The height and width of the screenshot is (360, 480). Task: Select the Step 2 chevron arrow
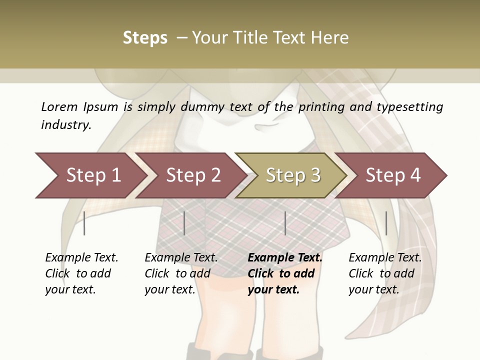[192, 175]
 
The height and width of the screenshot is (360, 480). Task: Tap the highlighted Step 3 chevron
[292, 175]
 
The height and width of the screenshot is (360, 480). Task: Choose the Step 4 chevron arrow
[392, 175]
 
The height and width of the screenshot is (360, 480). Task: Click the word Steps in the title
[145, 38]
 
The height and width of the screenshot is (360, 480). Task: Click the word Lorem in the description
[59, 106]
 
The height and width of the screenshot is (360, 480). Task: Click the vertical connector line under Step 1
[84, 223]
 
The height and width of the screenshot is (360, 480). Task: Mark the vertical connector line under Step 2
[184, 223]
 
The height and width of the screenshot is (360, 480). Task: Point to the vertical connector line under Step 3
[285, 223]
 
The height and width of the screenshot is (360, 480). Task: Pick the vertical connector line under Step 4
[386, 223]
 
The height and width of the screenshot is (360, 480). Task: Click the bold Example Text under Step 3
[285, 257]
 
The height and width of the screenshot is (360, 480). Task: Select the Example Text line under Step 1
[81, 257]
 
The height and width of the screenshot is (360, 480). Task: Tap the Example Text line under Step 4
[385, 257]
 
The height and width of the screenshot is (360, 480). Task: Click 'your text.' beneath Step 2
[169, 289]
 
